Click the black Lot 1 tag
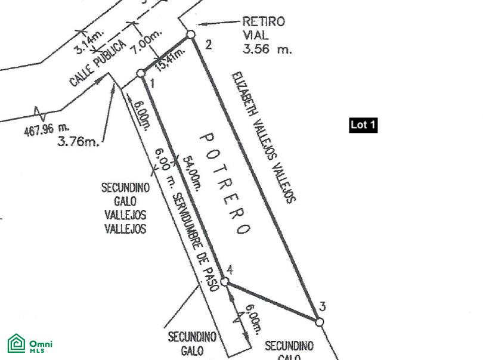coord(363,125)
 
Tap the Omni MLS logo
coord(30,344)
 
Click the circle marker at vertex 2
coord(191,35)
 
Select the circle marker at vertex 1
coord(141,73)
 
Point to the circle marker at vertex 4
coord(225,281)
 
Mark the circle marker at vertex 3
coord(320,322)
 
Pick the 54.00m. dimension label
coord(192,172)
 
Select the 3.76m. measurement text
coord(78,141)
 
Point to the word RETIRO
coord(263,22)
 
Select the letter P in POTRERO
coord(206,138)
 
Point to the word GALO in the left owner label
coord(125,201)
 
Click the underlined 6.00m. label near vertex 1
coord(142,113)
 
